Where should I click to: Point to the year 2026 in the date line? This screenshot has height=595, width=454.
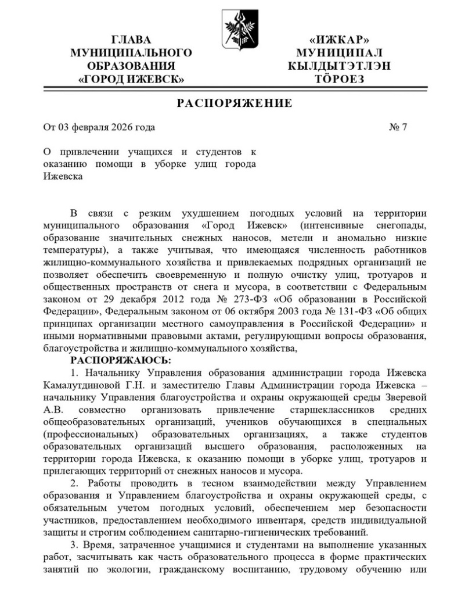click(x=118, y=127)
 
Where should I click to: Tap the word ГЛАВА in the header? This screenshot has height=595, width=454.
click(x=131, y=40)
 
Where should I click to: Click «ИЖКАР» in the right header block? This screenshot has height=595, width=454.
click(x=340, y=40)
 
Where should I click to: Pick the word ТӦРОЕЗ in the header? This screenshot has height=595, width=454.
click(x=340, y=79)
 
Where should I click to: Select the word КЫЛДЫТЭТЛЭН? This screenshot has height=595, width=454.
click(x=340, y=66)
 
